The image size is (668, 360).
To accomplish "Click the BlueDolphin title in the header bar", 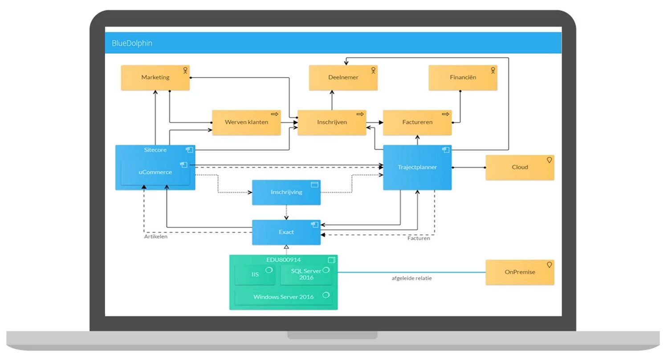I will (x=132, y=44).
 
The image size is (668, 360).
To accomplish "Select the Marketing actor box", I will (x=155, y=78).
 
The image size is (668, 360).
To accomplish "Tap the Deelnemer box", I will (x=343, y=78).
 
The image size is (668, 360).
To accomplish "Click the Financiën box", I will (x=463, y=78).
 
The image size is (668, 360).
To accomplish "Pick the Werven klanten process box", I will (x=246, y=122).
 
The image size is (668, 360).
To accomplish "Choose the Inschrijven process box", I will (x=332, y=122).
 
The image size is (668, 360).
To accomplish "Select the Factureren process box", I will (x=417, y=122).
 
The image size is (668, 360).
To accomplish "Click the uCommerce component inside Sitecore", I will (x=155, y=172).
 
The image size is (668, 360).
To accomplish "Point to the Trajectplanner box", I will (x=417, y=168).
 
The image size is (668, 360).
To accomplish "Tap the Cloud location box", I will (x=520, y=168).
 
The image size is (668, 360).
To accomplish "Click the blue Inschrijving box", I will (x=286, y=192).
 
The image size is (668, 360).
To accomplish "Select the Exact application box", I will (x=286, y=232).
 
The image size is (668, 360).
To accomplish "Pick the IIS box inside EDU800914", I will (x=255, y=274).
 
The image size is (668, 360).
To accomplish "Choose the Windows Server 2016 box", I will (x=283, y=297).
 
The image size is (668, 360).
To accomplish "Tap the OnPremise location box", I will (x=520, y=272).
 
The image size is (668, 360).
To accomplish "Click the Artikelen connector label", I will (x=155, y=237).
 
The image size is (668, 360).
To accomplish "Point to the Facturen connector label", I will (x=419, y=238).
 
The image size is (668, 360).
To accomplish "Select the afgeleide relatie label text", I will (x=411, y=278).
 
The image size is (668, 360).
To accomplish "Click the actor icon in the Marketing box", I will (x=186, y=70).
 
